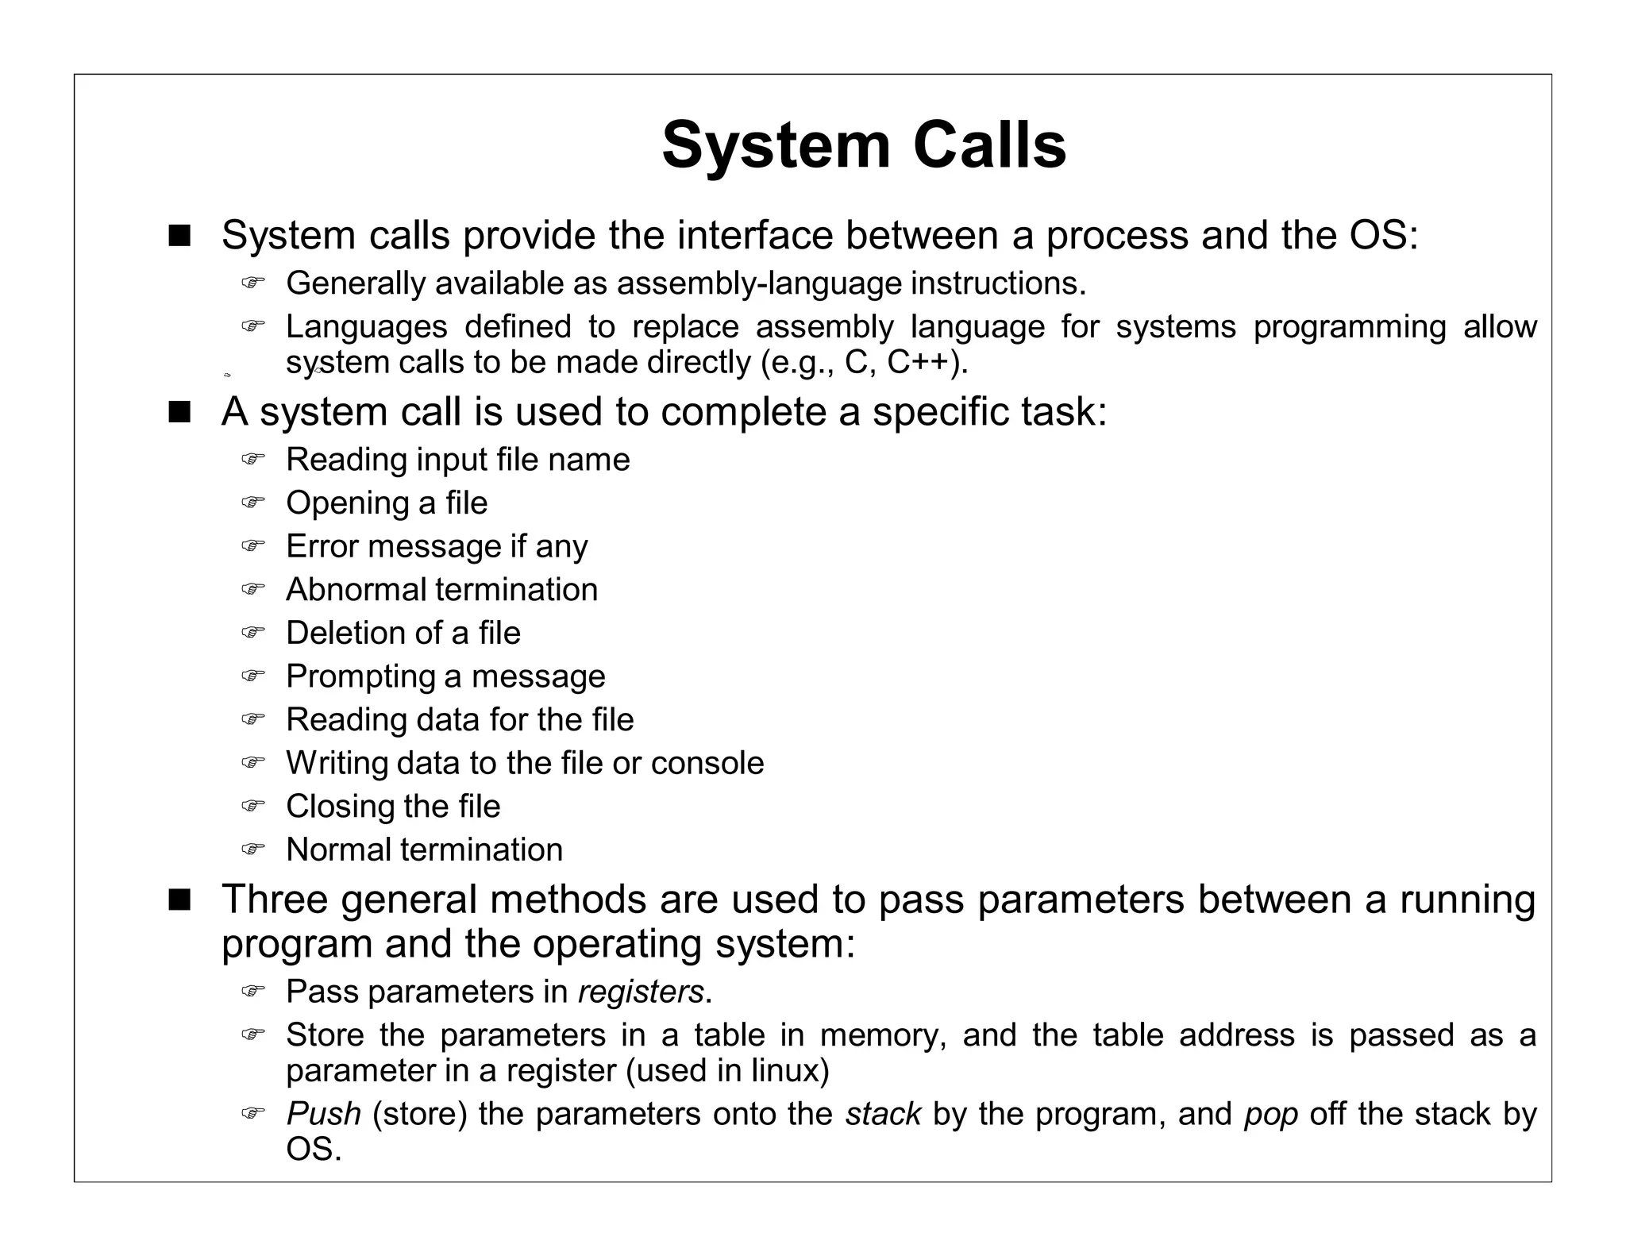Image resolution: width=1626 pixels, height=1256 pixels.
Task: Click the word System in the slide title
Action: (776, 146)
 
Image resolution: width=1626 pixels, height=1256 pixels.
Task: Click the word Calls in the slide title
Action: (989, 146)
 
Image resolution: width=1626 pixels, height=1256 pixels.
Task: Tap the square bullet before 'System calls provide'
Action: (179, 236)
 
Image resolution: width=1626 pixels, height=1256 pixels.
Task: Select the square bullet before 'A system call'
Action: (179, 412)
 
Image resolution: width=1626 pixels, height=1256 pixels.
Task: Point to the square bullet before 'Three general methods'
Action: (179, 900)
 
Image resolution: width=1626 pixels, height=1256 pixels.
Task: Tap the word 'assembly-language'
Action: (759, 283)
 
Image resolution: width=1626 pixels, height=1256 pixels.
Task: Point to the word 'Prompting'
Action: (360, 676)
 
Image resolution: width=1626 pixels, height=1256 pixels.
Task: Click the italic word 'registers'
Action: (641, 992)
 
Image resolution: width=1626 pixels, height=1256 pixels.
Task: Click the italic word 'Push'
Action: (323, 1115)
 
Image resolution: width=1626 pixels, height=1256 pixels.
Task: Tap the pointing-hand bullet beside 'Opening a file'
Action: (252, 503)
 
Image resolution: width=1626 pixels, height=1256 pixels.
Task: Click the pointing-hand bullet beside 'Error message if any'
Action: (252, 546)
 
